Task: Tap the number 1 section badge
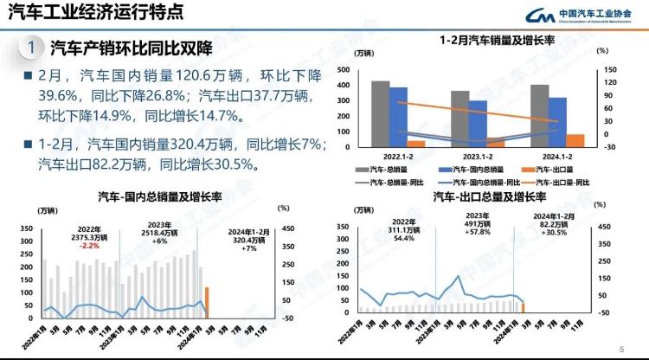tap(30, 47)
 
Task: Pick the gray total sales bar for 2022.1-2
tap(380, 113)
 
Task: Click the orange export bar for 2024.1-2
tap(575, 140)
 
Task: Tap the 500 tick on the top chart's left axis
tap(344, 70)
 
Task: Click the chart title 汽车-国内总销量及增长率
tap(159, 196)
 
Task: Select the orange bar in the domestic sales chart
tap(207, 302)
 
